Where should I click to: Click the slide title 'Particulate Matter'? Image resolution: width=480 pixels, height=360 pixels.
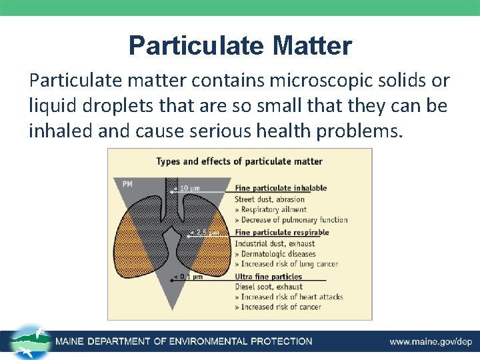point(240,46)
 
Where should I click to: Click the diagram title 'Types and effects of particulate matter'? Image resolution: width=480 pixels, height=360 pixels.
point(239,161)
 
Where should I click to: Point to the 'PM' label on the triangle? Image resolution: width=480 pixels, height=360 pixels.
point(127,183)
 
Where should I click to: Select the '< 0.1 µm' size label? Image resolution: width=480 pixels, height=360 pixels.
point(187,277)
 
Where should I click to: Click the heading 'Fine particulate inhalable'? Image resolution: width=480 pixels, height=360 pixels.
point(281,188)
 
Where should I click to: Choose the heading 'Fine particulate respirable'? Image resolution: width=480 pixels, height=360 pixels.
point(281,233)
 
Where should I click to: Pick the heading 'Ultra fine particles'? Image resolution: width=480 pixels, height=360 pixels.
point(268,277)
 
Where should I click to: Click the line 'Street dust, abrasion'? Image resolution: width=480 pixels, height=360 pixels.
point(269,199)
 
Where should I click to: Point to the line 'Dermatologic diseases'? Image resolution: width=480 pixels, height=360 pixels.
point(277,253)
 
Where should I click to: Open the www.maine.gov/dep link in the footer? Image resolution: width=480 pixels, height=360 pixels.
point(431,341)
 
